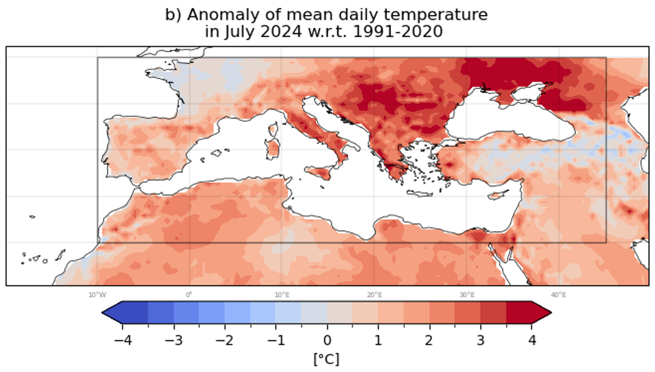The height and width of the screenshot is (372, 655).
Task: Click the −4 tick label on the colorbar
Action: point(119,340)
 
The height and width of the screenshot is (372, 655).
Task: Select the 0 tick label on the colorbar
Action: point(327,340)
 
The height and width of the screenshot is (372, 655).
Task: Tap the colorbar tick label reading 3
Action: point(480,340)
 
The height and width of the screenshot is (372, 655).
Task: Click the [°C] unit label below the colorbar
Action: point(327,359)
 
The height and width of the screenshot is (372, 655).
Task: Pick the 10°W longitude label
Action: point(96,295)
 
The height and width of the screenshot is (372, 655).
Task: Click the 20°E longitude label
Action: point(374,295)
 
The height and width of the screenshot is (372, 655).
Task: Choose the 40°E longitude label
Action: point(559,295)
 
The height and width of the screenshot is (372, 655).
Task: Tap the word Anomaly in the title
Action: point(214,14)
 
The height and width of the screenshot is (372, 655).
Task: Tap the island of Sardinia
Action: point(273,149)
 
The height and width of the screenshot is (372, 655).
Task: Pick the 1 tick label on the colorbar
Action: point(378,340)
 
